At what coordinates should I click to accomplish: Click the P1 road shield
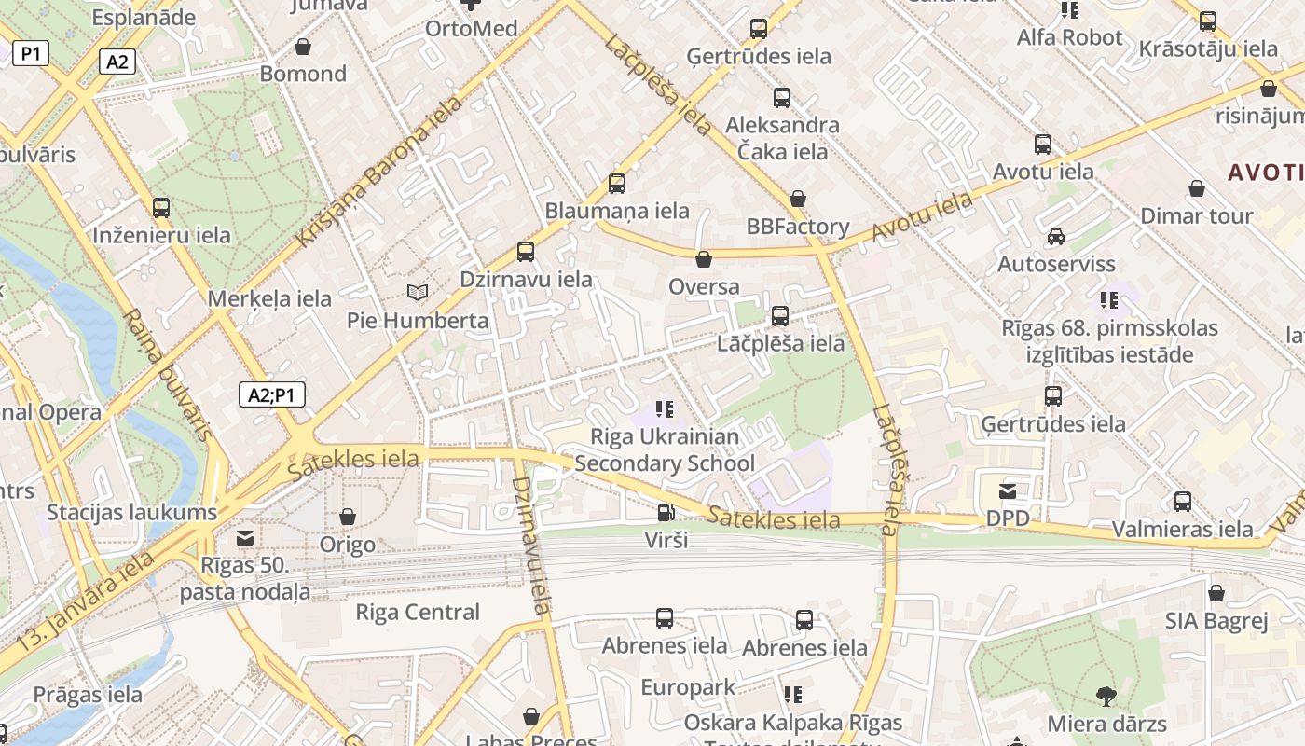(x=31, y=54)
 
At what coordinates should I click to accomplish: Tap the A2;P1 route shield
(x=271, y=395)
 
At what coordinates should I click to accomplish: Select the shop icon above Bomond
(x=303, y=47)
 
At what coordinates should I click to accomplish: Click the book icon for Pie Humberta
(x=418, y=293)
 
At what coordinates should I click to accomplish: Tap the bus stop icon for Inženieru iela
(x=161, y=208)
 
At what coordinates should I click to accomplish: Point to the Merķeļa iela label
(x=269, y=299)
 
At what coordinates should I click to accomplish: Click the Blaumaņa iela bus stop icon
(x=617, y=184)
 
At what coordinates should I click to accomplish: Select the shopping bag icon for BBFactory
(x=798, y=199)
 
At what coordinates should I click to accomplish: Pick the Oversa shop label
(x=704, y=287)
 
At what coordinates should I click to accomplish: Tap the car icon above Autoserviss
(x=1055, y=237)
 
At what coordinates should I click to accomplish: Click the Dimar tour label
(x=1197, y=216)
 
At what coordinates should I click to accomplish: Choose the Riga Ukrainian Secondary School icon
(x=665, y=408)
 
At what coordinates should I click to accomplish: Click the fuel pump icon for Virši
(x=666, y=512)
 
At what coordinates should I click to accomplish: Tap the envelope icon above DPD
(x=1008, y=491)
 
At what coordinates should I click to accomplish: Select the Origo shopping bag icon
(x=348, y=517)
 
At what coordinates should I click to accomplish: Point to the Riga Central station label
(x=418, y=613)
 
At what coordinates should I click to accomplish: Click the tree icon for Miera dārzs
(x=1106, y=696)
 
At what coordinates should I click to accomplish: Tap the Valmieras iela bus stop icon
(x=1183, y=502)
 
